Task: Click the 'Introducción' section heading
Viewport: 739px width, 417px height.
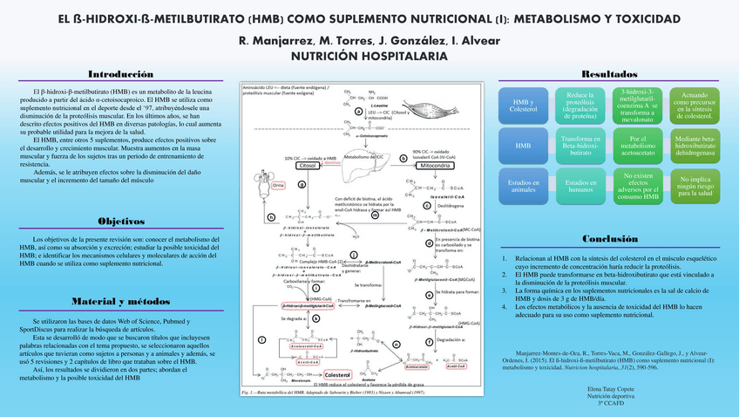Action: (x=122, y=74)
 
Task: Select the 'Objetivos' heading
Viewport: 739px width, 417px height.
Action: (x=122, y=222)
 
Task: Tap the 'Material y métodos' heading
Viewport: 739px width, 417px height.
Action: (x=122, y=302)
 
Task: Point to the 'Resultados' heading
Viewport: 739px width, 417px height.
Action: (x=609, y=74)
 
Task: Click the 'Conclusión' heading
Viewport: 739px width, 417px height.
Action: (x=609, y=238)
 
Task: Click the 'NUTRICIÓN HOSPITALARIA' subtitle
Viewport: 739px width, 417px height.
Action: (x=369, y=56)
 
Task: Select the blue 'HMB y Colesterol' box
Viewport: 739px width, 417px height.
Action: (x=524, y=105)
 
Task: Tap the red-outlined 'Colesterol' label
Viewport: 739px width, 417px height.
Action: (x=336, y=375)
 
